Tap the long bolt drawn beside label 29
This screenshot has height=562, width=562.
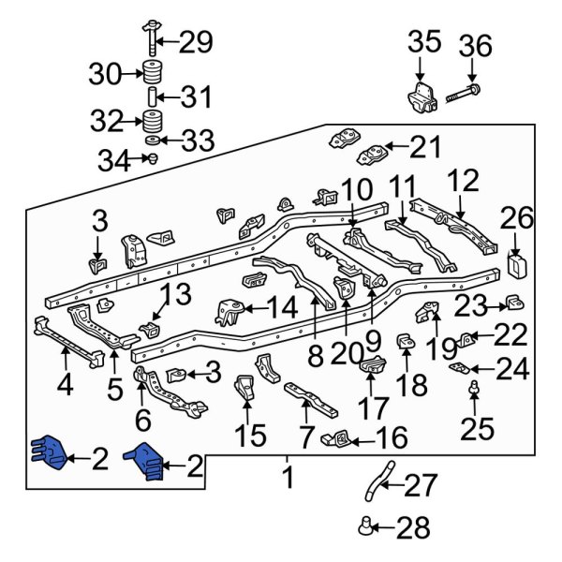[x=150, y=37]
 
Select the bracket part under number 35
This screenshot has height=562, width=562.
[x=420, y=99]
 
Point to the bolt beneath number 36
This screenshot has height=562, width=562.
[x=466, y=93]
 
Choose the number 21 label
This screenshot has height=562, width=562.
[x=424, y=147]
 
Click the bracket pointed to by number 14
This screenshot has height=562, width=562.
[x=227, y=310]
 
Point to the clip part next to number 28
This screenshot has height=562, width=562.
[x=367, y=527]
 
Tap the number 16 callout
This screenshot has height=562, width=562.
[x=393, y=437]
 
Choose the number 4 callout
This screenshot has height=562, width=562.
[x=64, y=385]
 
